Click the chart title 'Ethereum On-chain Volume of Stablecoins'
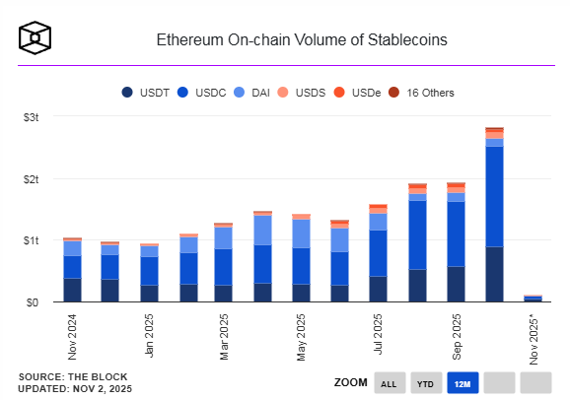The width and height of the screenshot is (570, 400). pyautogui.click(x=302, y=40)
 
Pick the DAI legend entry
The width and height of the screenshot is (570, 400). pyautogui.click(x=254, y=93)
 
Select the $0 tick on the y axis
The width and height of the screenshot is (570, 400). pyautogui.click(x=33, y=301)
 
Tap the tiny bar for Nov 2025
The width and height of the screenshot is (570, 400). pyautogui.click(x=533, y=298)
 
